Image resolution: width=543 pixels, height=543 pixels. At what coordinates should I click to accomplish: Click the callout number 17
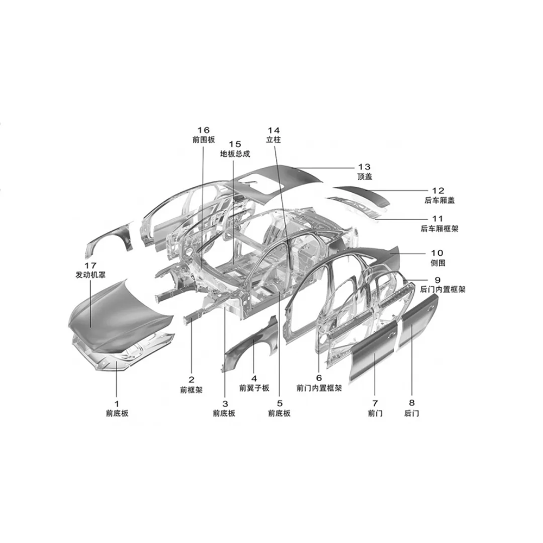tap(90, 266)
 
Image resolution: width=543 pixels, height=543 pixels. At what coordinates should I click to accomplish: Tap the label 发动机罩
tap(90, 275)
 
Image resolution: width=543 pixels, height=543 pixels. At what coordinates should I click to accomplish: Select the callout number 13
tap(364, 167)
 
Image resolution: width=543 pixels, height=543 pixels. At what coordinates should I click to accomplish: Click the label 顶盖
tap(365, 176)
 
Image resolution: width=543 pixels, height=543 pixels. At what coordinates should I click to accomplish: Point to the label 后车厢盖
tap(439, 200)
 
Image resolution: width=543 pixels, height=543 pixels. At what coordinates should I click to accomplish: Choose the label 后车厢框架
tap(439, 229)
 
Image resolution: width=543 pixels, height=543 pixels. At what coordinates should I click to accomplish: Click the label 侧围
tap(438, 263)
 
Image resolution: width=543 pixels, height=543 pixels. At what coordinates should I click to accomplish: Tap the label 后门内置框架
tap(443, 289)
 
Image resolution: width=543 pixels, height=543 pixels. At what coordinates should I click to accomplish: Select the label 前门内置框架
tap(319, 388)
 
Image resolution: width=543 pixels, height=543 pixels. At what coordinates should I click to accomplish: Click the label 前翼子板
tap(254, 388)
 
